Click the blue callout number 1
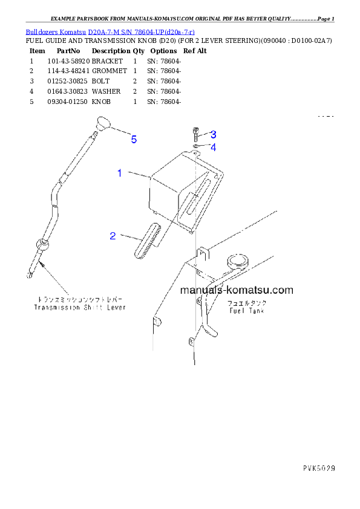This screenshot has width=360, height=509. (120, 173)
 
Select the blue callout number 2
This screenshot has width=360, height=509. (113, 236)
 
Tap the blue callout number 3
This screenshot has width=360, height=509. (213, 134)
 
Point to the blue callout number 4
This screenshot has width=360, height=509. (213, 147)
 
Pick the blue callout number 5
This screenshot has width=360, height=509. (134, 140)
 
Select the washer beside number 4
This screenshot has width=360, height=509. (196, 146)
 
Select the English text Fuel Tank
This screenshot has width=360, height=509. (247, 311)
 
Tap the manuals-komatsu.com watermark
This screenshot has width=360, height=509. (237, 290)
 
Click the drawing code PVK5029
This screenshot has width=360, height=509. (319, 468)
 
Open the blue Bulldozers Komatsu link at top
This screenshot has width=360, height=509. (110, 31)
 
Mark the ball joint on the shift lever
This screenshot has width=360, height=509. (43, 244)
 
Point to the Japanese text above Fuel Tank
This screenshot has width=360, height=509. (247, 302)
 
